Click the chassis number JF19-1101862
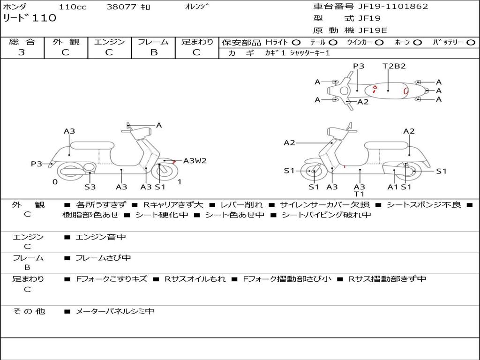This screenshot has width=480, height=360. [x=393, y=6]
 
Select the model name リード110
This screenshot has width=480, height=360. [x=30, y=18]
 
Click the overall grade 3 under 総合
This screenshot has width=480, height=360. [x=22, y=52]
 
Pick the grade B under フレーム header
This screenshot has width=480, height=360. [x=154, y=52]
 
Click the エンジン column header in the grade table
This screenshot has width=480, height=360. [x=109, y=42]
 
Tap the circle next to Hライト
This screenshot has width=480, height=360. [x=296, y=43]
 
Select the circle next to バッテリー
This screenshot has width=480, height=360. [x=471, y=43]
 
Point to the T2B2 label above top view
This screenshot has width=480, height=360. [x=394, y=66]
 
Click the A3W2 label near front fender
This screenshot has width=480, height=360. [x=195, y=161]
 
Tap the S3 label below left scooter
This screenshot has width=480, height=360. [x=90, y=187]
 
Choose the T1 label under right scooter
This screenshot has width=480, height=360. [x=359, y=194]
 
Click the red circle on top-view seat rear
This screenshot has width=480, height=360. [x=406, y=90]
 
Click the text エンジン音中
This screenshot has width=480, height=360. [x=101, y=237]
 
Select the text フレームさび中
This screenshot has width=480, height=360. [x=103, y=258]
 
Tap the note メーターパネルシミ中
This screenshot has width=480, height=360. [x=114, y=311]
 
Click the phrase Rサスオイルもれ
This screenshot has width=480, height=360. [x=195, y=279]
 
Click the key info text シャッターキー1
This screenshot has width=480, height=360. [x=310, y=53]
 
